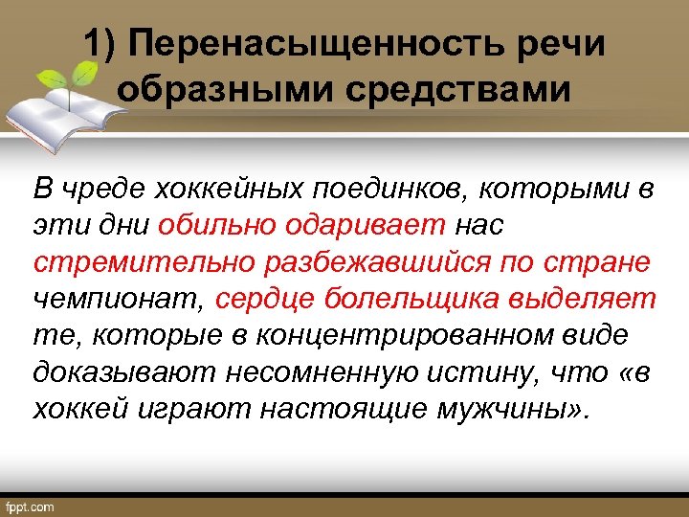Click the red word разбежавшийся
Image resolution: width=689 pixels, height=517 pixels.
[369, 263]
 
